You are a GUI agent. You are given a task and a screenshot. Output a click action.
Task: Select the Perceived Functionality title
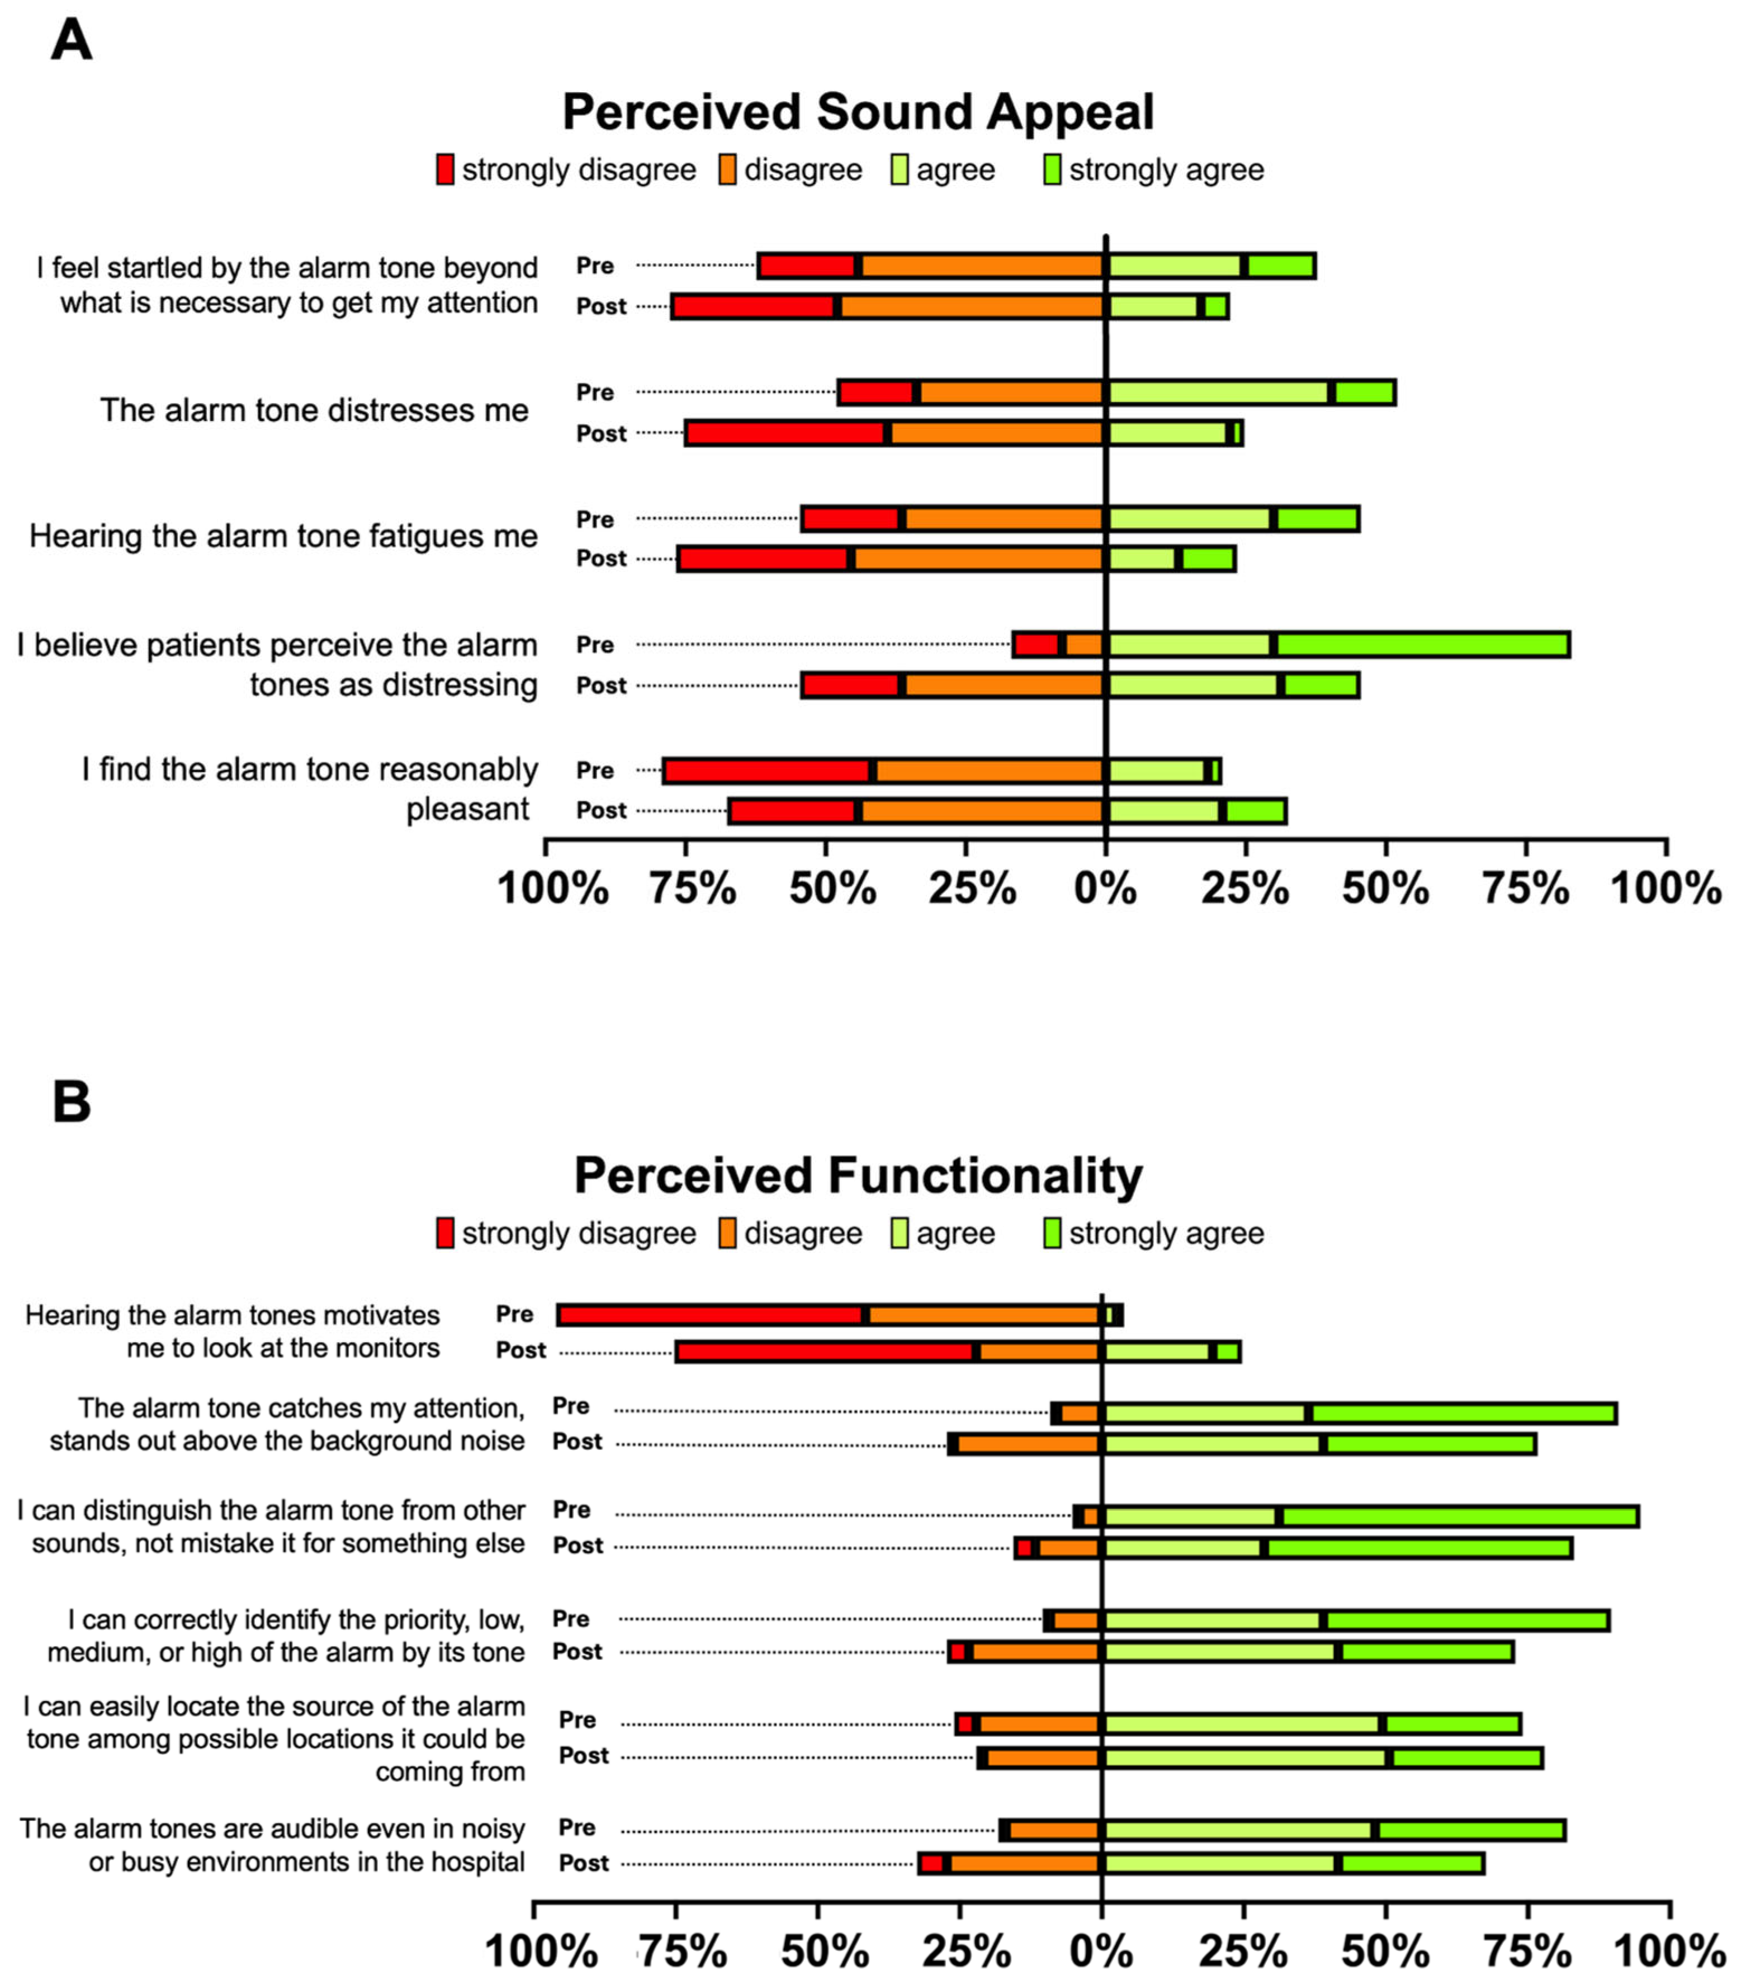pyautogui.click(x=858, y=1175)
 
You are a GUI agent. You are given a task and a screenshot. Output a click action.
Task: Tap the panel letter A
pyautogui.click(x=71, y=41)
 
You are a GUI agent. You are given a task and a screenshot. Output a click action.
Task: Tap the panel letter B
pyautogui.click(x=71, y=1103)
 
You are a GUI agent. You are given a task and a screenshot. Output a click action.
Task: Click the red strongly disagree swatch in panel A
pyautogui.click(x=445, y=169)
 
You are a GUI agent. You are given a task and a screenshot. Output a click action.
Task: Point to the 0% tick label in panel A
pyautogui.click(x=1105, y=888)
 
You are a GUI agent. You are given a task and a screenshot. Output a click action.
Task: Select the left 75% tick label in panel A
pyautogui.click(x=692, y=888)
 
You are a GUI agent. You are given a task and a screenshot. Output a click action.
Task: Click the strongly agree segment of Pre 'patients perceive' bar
pyautogui.click(x=1422, y=645)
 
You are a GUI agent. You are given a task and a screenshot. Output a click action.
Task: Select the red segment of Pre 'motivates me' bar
pyautogui.click(x=711, y=1315)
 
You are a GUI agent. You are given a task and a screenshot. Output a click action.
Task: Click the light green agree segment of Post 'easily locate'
pyautogui.click(x=1246, y=1757)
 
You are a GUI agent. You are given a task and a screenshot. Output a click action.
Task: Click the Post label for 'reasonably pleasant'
pyautogui.click(x=601, y=811)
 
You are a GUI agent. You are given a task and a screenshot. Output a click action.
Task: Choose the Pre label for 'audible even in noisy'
pyautogui.click(x=577, y=1827)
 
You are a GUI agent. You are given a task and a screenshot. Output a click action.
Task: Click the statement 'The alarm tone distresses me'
pyautogui.click(x=314, y=410)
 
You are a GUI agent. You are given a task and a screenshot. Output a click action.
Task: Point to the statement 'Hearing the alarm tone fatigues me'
pyautogui.click(x=283, y=536)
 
